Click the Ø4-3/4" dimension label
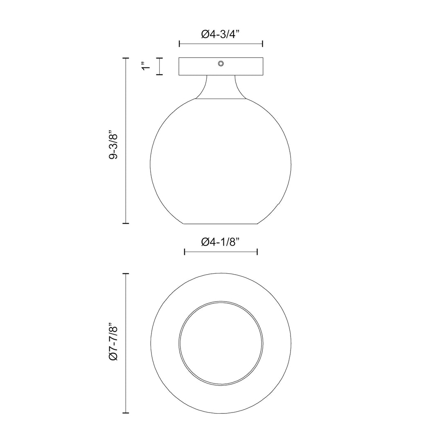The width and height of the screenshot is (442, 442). [220, 34]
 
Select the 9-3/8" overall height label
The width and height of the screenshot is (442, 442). [113, 141]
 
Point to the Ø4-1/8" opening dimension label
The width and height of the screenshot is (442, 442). [220, 242]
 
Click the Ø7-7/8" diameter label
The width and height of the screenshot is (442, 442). [113, 343]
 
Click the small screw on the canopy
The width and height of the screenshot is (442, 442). [221, 63]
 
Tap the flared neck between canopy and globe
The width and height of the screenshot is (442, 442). [221, 88]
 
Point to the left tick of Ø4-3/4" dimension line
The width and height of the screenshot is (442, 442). [180, 44]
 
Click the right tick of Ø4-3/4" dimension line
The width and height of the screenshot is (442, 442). [262, 44]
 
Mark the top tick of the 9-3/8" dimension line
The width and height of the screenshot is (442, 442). [126, 59]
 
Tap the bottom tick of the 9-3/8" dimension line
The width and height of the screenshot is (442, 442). [126, 223]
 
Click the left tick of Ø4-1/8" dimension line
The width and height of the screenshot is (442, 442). [185, 251]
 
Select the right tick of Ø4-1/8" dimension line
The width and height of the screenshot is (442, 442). [257, 251]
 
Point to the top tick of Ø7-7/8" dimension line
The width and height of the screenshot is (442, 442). [126, 273]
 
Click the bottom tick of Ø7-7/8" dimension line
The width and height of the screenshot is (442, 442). [126, 413]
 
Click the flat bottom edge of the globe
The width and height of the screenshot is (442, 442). [221, 224]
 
